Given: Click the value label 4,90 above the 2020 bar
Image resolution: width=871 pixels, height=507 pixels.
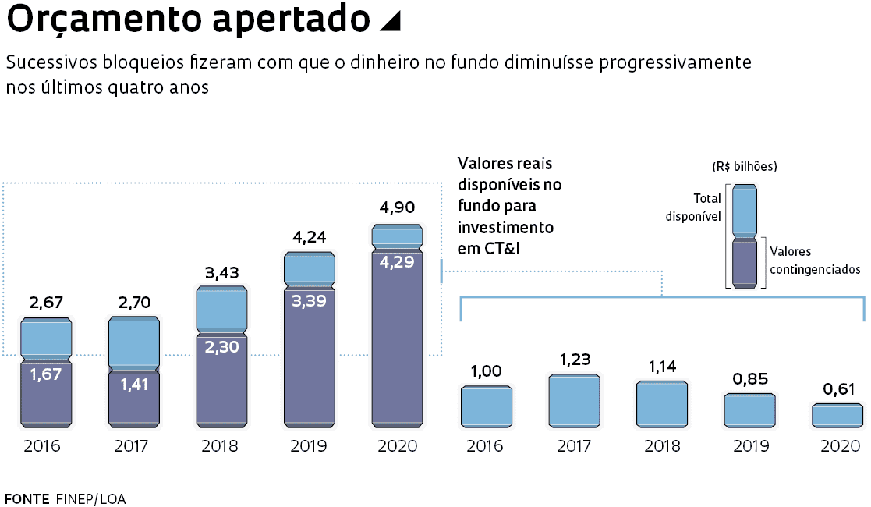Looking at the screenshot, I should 397,207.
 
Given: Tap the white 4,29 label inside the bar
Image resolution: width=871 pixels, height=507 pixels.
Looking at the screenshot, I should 397,262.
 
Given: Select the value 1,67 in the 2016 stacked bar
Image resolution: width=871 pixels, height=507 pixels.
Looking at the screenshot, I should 46,374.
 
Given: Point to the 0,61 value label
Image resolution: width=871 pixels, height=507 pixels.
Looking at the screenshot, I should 837,389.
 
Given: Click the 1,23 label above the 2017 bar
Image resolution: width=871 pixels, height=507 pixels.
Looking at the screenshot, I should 575,360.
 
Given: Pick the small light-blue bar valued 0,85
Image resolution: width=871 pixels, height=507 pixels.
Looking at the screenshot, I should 749,410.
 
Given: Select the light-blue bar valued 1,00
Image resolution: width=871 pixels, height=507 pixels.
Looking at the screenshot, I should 486,406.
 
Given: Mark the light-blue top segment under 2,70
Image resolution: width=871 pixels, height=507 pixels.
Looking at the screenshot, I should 133,342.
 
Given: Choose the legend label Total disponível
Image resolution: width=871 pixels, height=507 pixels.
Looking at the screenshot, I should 693,207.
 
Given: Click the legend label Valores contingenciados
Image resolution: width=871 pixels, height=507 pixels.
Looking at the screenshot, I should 814,261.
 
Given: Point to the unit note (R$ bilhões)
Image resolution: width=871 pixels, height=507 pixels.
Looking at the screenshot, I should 744,167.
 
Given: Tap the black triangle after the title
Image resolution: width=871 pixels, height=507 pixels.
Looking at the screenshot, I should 389,23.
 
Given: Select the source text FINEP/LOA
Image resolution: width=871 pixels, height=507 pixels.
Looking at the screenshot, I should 90,498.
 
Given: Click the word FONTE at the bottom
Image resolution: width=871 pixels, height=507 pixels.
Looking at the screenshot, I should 27,498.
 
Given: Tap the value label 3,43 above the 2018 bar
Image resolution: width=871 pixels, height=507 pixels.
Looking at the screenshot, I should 221,273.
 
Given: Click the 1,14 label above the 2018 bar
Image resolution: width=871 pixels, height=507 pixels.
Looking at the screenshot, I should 662,366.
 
